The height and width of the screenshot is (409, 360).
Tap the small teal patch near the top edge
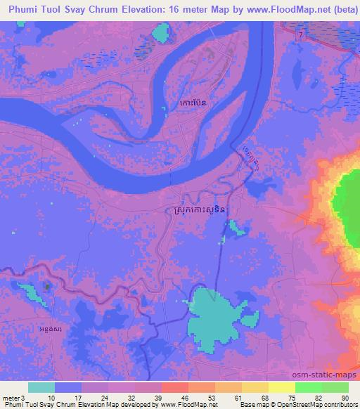(x=162, y=32)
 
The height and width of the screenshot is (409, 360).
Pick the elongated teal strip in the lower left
(x=30, y=291)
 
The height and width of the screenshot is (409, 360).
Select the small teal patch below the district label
(x=234, y=227)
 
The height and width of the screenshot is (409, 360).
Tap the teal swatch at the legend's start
(x=41, y=387)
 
